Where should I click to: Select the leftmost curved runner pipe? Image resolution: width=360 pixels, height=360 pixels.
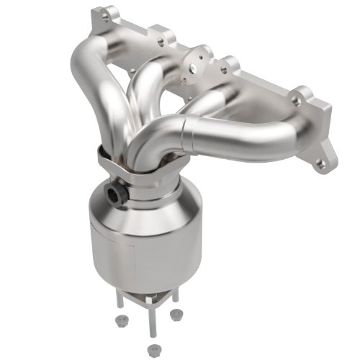tap(86, 86)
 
